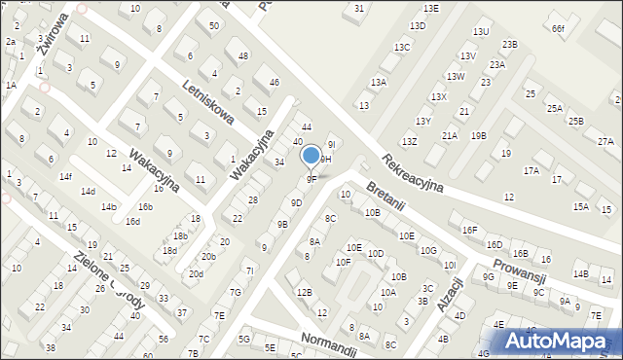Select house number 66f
(558, 28)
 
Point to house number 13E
(430, 8)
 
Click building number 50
(213, 25)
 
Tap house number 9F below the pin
(311, 179)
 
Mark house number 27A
(606, 142)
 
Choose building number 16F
(470, 230)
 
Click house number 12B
(305, 292)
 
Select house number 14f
(65, 177)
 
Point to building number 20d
(196, 274)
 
